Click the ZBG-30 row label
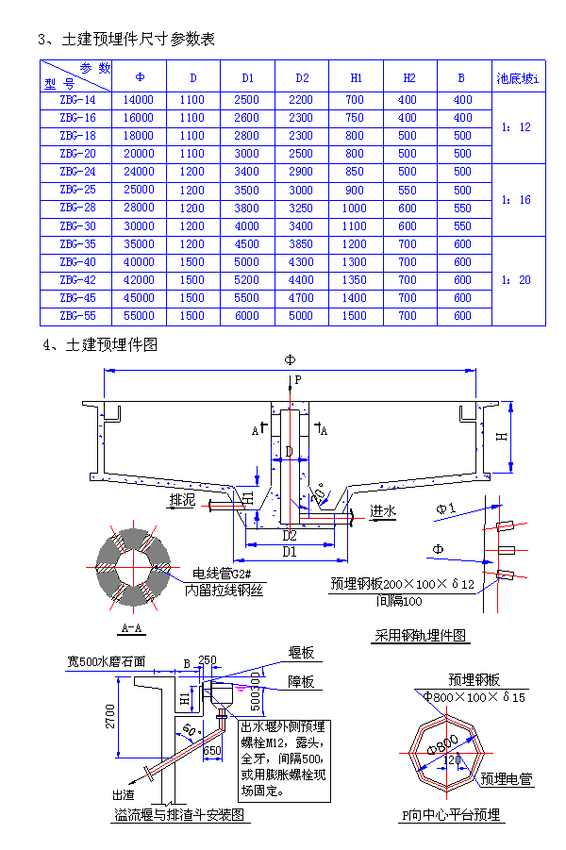tap(77, 226)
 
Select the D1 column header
tap(247, 76)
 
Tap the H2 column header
tap(408, 76)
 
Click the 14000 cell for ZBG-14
tap(139, 100)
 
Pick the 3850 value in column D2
tap(301, 244)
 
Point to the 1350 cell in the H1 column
tap(355, 280)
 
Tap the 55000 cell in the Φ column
tap(139, 316)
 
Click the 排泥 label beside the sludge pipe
tap(182, 501)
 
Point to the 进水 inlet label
tap(383, 510)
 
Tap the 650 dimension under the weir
tap(212, 751)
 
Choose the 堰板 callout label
tap(301, 653)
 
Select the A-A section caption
tap(132, 627)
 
